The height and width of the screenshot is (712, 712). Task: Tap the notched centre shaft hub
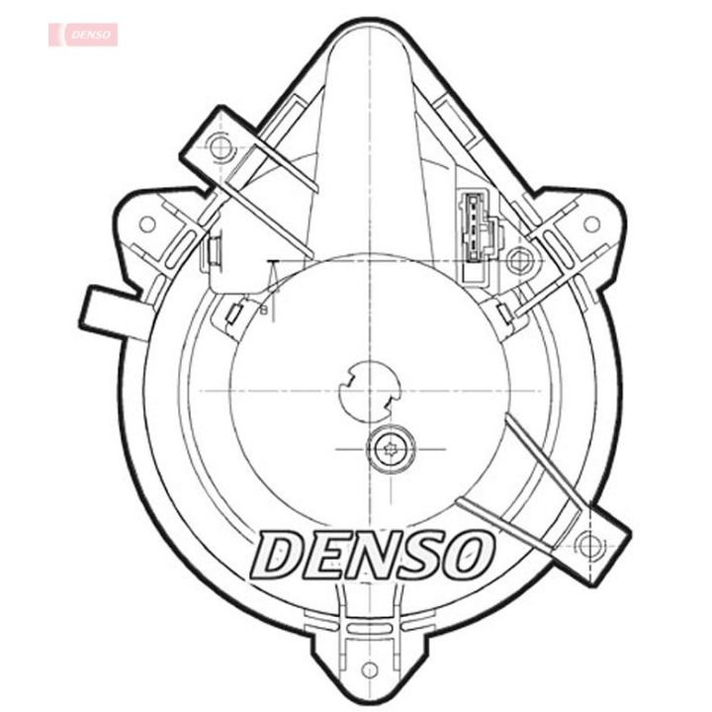pyautogui.click(x=367, y=391)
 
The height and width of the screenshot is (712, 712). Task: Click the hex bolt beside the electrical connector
pyautogui.click(x=516, y=261)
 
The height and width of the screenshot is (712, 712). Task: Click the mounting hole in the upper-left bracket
pyautogui.click(x=221, y=148)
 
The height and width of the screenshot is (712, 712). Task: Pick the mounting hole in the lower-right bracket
pyautogui.click(x=589, y=543)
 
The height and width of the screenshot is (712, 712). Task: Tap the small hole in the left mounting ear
pyautogui.click(x=147, y=223)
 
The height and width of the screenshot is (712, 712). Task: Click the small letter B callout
pyautogui.click(x=263, y=310)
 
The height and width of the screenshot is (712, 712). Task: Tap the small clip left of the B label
pyautogui.click(x=234, y=314)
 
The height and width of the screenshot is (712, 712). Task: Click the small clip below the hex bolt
pyautogui.click(x=505, y=312)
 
